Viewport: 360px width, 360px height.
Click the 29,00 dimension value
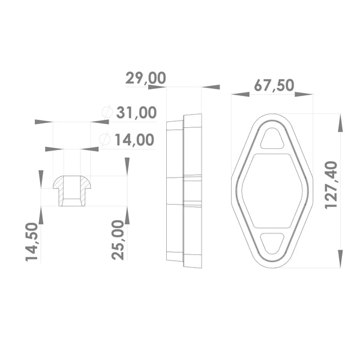pos(145,78)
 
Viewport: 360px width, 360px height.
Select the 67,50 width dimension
pos(274,85)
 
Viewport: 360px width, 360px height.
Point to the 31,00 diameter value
pos(136,112)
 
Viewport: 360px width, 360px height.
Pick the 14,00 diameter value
pos(134,140)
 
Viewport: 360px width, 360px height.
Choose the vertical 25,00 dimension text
pos(119,239)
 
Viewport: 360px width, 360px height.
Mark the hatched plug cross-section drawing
pos(72,190)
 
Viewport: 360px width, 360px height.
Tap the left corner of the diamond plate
pos(233,180)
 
